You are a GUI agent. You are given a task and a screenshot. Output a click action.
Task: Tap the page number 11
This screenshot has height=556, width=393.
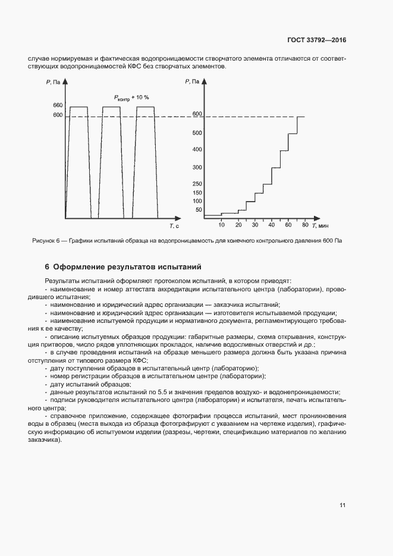(342, 505)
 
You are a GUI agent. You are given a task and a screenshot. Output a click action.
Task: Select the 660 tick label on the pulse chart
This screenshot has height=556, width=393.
(58, 105)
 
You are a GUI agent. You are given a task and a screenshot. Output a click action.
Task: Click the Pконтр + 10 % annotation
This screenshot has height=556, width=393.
(131, 97)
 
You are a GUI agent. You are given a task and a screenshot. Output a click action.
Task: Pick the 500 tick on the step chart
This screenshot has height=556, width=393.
(197, 133)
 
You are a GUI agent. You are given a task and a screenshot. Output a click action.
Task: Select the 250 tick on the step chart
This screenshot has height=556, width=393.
(197, 184)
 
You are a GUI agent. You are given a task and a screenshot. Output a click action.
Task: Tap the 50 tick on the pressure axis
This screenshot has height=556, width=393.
(199, 210)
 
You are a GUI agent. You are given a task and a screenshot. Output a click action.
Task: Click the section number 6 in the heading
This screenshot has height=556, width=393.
(47, 267)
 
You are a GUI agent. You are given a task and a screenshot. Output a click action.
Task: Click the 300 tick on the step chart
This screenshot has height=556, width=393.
(197, 168)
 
